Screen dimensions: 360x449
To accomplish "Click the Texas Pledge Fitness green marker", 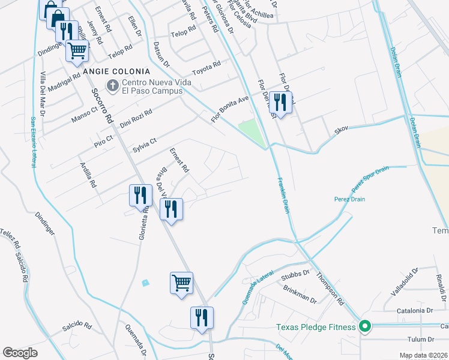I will [364, 327].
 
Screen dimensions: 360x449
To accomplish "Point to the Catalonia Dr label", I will [415, 311].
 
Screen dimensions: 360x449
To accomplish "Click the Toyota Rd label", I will [211, 67].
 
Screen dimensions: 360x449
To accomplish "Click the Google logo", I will [20, 352].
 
